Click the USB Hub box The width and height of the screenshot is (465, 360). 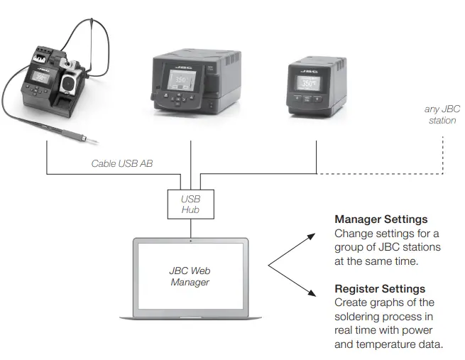191,204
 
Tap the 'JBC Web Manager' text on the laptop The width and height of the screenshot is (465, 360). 190,276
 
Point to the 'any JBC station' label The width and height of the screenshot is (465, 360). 441,115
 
